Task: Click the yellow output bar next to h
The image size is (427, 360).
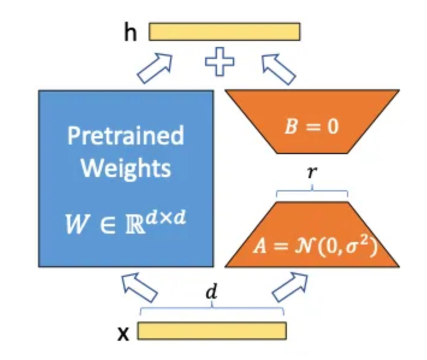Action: click(x=224, y=31)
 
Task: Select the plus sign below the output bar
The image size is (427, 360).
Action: click(x=220, y=63)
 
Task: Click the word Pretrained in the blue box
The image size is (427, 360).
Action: click(x=125, y=135)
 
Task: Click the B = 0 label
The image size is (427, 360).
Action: click(x=310, y=128)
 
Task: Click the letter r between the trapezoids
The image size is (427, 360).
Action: click(x=312, y=173)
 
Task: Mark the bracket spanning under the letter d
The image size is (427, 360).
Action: click(x=212, y=310)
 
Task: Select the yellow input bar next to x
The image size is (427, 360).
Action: click(x=212, y=331)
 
